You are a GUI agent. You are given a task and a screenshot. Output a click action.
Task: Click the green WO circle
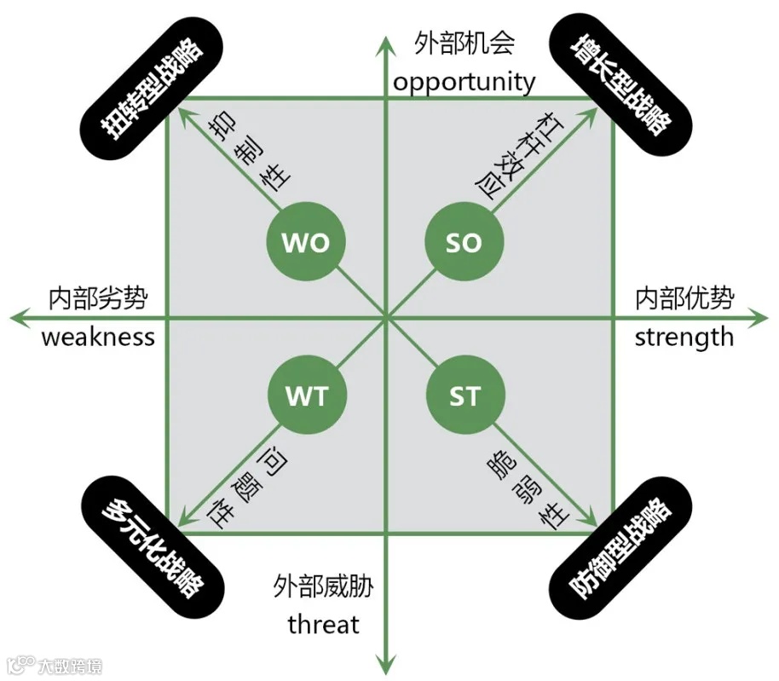click(306, 243)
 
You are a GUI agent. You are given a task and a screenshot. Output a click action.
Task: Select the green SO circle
click(464, 243)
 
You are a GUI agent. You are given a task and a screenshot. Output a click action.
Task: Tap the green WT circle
click(306, 395)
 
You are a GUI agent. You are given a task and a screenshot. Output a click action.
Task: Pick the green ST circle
click(464, 395)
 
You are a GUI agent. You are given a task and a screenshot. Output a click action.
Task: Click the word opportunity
click(465, 83)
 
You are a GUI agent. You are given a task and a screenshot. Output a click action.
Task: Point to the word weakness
click(98, 337)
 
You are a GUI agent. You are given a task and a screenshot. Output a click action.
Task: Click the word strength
click(684, 337)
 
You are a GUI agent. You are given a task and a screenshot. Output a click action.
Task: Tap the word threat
click(323, 625)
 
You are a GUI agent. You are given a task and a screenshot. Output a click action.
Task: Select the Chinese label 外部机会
click(465, 43)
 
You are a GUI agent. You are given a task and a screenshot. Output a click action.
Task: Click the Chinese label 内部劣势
click(98, 298)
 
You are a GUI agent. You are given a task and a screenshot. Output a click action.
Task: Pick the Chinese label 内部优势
click(684, 298)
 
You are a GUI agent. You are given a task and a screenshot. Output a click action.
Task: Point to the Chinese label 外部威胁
click(323, 586)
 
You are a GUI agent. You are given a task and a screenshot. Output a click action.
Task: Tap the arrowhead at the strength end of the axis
click(761, 318)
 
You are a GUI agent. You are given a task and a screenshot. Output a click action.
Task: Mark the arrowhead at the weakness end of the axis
click(18, 318)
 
